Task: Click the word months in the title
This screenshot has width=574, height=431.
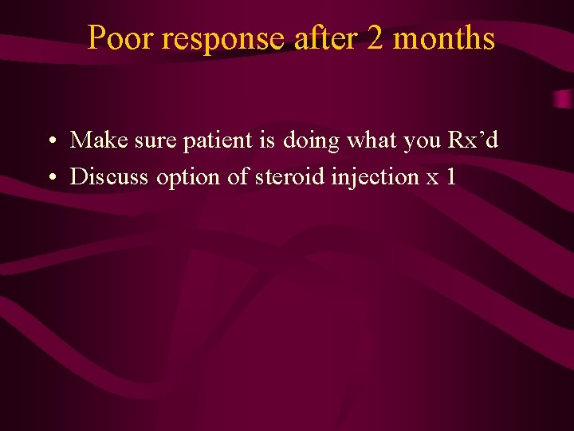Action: point(444,38)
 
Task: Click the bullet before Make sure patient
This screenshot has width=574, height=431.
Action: point(50,142)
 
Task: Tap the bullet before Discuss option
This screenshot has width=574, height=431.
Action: point(50,177)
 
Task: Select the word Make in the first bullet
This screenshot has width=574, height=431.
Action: point(91,140)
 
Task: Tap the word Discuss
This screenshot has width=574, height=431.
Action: point(109,176)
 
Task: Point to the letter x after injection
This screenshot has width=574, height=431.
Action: point(433,178)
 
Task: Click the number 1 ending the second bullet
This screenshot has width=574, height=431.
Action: point(451,176)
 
